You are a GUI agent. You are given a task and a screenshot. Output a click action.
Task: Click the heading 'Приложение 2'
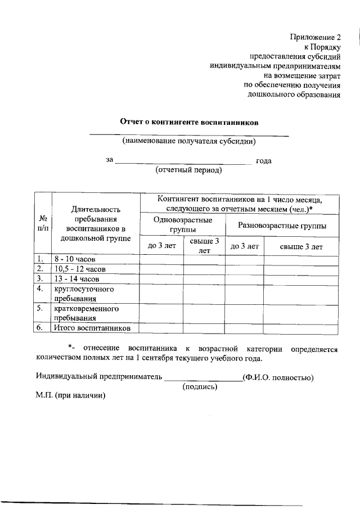pyautogui.click(x=316, y=37)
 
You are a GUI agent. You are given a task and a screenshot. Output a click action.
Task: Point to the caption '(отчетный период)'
pyautogui.click(x=189, y=169)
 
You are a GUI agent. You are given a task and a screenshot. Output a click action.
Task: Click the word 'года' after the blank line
pyautogui.click(x=264, y=160)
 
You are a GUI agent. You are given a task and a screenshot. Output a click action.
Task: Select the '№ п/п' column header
pyautogui.click(x=43, y=223)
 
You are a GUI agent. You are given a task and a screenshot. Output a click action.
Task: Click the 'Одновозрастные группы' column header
pyautogui.click(x=182, y=224)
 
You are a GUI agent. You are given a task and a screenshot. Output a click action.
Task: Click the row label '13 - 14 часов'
pyautogui.click(x=77, y=279)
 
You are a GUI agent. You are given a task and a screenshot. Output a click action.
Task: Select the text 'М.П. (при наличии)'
pyautogui.click(x=70, y=395)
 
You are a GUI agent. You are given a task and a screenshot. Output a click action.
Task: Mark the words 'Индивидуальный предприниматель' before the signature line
pyautogui.click(x=98, y=377)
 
